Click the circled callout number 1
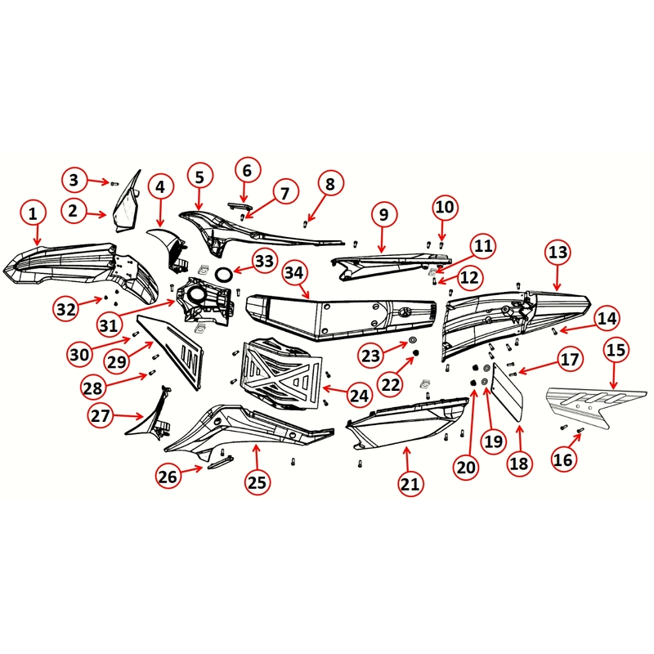33,214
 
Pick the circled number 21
410,483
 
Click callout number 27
101,415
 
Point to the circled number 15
617,350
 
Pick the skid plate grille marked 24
282,372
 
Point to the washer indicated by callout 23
412,338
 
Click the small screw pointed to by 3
113,183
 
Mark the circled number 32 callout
67,308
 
